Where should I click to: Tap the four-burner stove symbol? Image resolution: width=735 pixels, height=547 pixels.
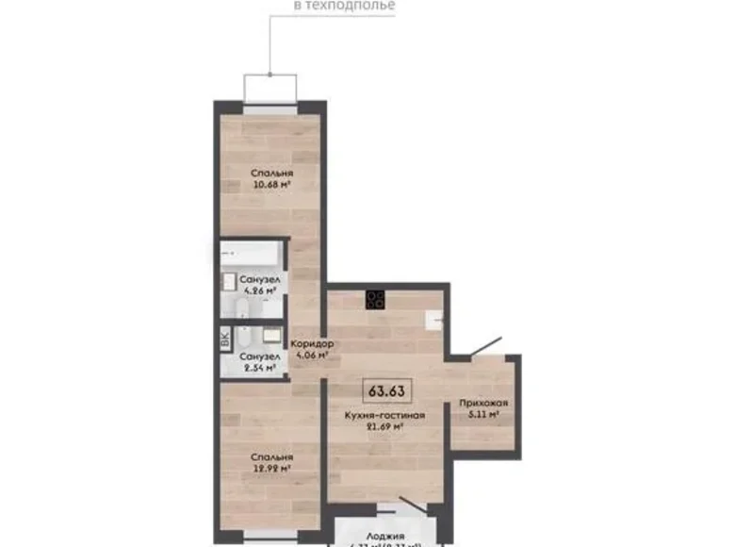375,299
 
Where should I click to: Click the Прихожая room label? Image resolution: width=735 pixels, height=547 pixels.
479,403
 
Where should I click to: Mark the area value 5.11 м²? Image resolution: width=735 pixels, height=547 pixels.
479,413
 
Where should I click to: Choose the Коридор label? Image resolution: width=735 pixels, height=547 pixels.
309,344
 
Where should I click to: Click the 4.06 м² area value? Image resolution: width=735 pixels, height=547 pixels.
309,356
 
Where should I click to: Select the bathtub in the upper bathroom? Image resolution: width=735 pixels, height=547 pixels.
248,255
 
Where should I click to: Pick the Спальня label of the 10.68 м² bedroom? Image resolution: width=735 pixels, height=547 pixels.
271,174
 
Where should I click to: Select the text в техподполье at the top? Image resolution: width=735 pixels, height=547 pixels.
345,6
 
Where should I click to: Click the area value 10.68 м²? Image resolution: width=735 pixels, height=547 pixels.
271,185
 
